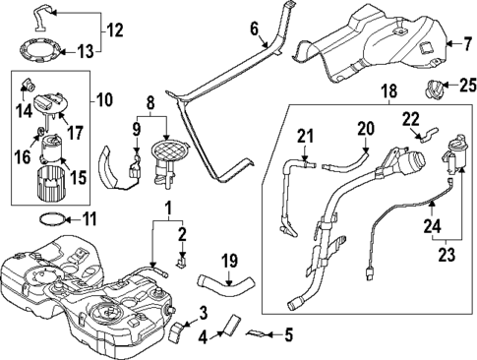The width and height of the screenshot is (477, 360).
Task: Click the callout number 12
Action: [115, 30]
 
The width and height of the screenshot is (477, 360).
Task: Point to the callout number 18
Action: [388, 90]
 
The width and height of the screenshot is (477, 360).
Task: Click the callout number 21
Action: [305, 135]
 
